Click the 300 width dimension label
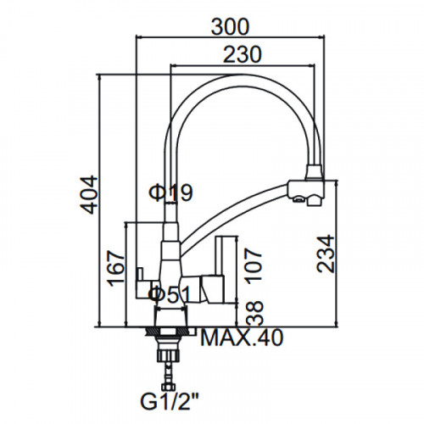tap(231, 26)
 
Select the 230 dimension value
tap(243, 54)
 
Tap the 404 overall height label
tap(89, 195)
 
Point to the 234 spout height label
tap(326, 254)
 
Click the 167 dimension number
tap(115, 268)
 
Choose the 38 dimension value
tap(254, 313)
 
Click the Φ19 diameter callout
tap(170, 192)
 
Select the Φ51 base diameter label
tap(169, 294)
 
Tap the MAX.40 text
tap(242, 338)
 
